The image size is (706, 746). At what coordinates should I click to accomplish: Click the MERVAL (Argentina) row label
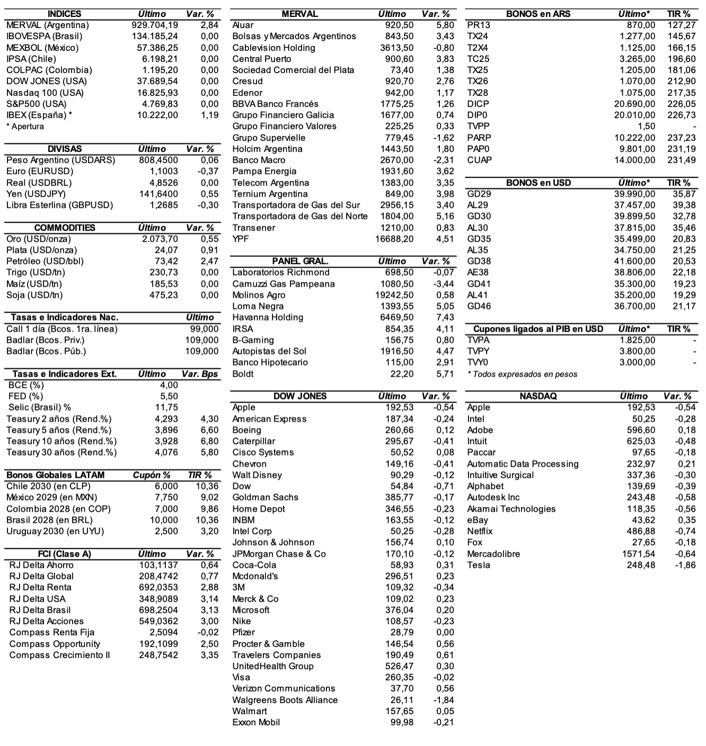click(x=48, y=25)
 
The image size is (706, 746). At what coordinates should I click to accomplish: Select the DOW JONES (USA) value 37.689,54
click(x=157, y=81)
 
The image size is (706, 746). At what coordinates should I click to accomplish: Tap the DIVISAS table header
click(x=65, y=149)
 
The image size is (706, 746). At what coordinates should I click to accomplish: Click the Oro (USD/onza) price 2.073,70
click(x=160, y=239)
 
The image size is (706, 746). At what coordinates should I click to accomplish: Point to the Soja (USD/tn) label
click(x=34, y=295)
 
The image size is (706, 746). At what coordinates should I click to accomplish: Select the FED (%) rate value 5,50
click(x=169, y=396)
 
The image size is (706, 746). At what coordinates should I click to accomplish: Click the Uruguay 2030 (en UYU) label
click(x=55, y=531)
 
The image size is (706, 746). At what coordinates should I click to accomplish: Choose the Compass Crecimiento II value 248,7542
click(x=158, y=655)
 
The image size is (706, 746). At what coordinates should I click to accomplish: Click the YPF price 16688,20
click(x=394, y=239)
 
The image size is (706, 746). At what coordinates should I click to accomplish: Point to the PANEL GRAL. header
click(x=300, y=261)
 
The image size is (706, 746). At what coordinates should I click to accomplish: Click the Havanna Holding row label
click(x=268, y=317)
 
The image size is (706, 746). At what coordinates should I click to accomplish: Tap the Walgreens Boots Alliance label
click(x=285, y=700)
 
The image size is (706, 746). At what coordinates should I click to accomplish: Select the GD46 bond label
click(x=479, y=306)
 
